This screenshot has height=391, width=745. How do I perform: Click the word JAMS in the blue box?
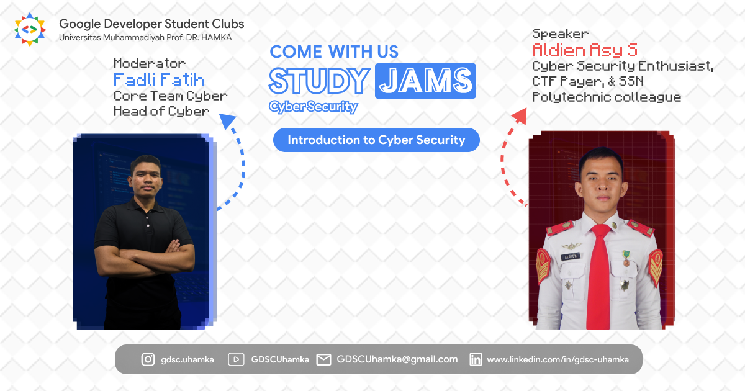(425, 81)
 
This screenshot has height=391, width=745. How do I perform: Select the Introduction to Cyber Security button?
(376, 140)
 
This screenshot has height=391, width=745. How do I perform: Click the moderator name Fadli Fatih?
(158, 80)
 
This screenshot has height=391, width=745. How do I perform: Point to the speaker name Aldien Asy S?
(585, 50)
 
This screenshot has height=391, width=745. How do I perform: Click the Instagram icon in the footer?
(148, 359)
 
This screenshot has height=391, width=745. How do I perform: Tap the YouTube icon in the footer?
(235, 359)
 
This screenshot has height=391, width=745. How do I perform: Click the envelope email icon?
(323, 359)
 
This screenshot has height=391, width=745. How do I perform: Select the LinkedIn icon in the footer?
(476, 359)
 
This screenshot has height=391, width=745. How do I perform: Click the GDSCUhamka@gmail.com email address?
(397, 359)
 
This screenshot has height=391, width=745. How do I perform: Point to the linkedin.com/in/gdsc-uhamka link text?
(558, 359)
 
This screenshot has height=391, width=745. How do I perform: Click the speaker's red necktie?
(598, 273)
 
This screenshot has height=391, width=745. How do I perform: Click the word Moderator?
(150, 64)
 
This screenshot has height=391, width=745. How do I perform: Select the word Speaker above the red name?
(560, 34)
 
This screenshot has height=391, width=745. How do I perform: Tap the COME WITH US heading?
(334, 52)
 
